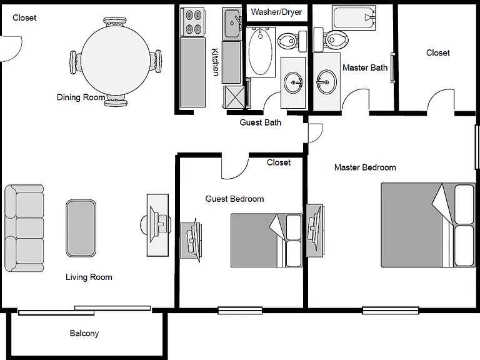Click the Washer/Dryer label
pos(276,12)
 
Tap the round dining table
pos(116,60)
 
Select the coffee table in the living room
pos(81,228)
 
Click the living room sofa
pos(24,228)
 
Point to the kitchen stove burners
pos(194,22)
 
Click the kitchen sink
pos(232,24)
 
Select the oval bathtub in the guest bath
pos(261,51)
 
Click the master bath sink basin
pos(326,82)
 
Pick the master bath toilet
pos(331,40)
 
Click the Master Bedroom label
pos(365,167)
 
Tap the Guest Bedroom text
pos(234,199)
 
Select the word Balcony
pos(84,333)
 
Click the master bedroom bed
pos(428,225)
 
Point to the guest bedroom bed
pos(266,241)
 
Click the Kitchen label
pos(216,62)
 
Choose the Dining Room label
pos(81,97)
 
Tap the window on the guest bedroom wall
pos(240,311)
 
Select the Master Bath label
pos(365,67)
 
